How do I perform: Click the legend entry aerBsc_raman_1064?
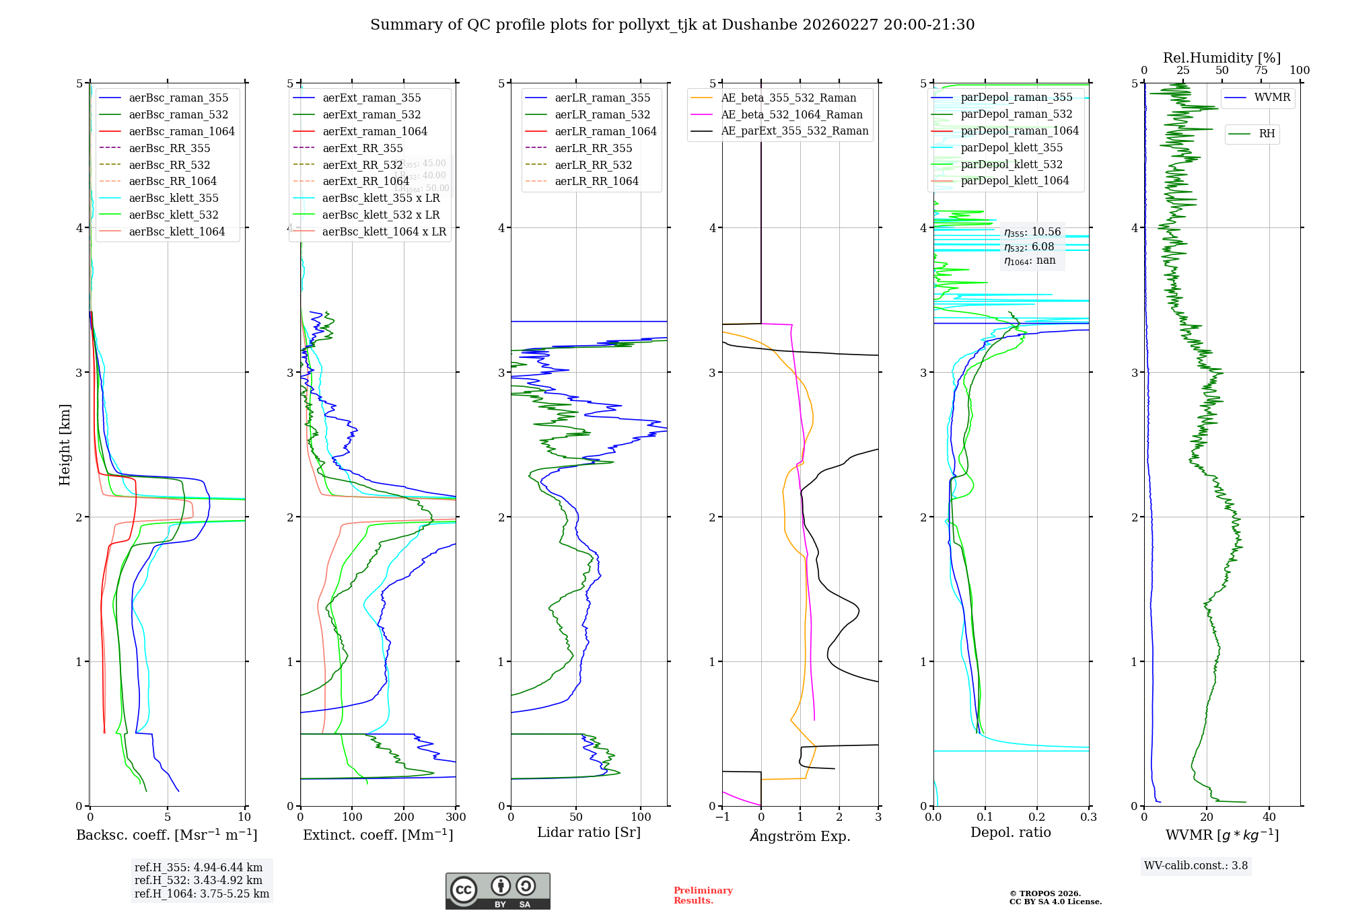(182, 131)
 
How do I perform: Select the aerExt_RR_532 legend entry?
(362, 165)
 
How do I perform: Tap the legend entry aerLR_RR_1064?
(596, 181)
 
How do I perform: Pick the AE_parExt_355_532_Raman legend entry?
(794, 131)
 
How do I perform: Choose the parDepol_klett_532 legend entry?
(1012, 164)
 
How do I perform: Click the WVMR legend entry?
(1272, 98)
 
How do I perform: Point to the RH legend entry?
(1267, 134)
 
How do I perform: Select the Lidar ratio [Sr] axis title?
(589, 832)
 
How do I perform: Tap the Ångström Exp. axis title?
(800, 836)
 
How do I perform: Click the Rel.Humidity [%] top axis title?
(1221, 58)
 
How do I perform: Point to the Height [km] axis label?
(65, 445)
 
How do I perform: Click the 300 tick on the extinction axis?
(456, 817)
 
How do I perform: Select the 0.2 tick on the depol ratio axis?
(1037, 817)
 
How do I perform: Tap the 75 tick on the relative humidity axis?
(1261, 70)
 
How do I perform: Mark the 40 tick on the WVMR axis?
(1269, 817)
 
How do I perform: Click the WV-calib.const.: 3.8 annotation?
(1196, 866)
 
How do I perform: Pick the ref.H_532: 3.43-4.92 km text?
(199, 880)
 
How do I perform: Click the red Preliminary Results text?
(703, 895)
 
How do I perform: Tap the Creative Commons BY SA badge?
(497, 891)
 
